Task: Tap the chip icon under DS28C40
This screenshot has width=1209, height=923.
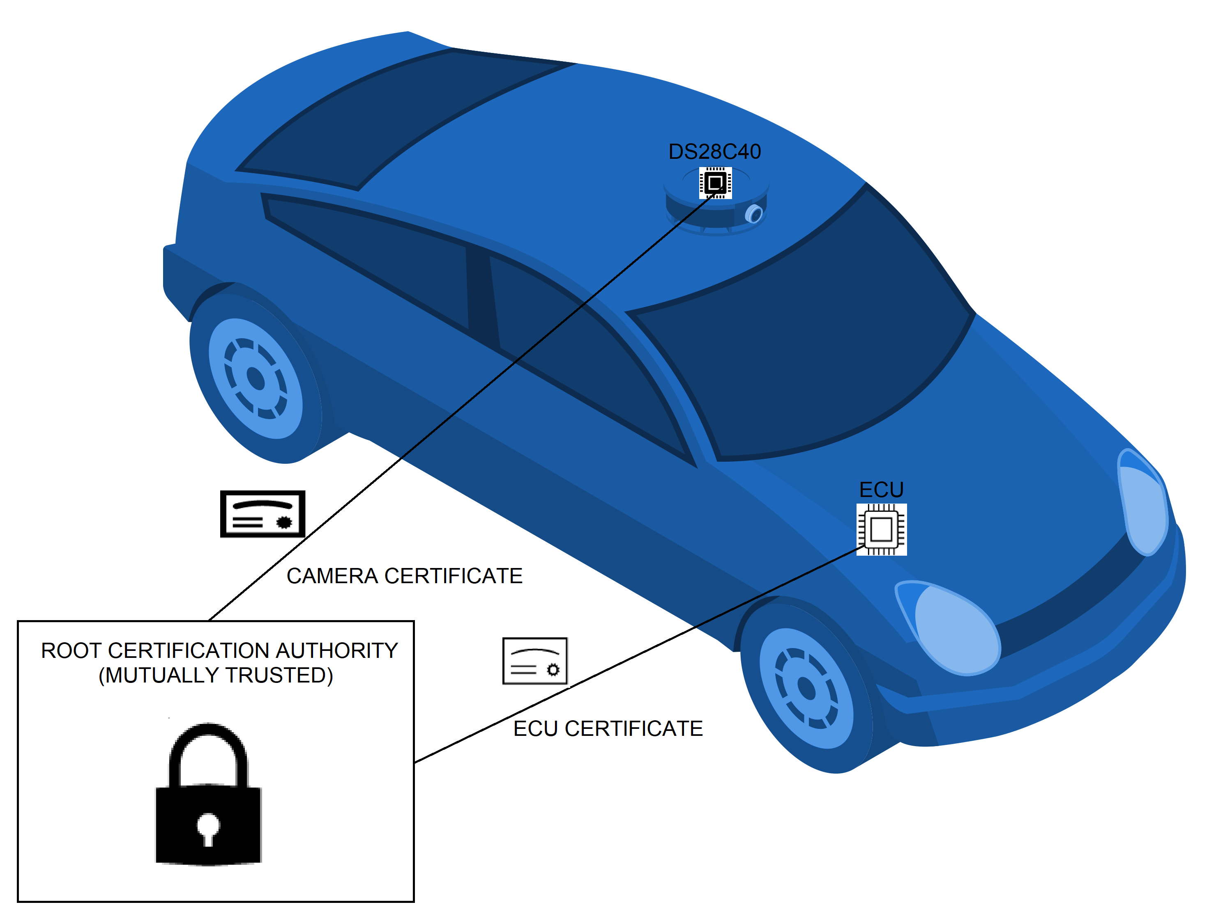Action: [715, 182]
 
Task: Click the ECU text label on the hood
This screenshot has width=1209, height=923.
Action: [881, 490]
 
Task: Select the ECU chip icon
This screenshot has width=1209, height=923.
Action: [881, 529]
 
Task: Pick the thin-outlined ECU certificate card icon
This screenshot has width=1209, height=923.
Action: [534, 661]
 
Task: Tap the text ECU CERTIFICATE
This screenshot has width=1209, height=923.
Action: [608, 728]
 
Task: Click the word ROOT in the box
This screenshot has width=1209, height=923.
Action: [71, 650]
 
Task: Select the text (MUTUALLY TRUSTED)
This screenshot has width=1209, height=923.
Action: [216, 675]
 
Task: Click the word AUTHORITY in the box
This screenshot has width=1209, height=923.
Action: [336, 650]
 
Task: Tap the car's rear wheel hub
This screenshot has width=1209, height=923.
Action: [256, 378]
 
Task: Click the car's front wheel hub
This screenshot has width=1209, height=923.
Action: [806, 688]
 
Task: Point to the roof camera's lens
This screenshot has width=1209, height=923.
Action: [754, 214]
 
